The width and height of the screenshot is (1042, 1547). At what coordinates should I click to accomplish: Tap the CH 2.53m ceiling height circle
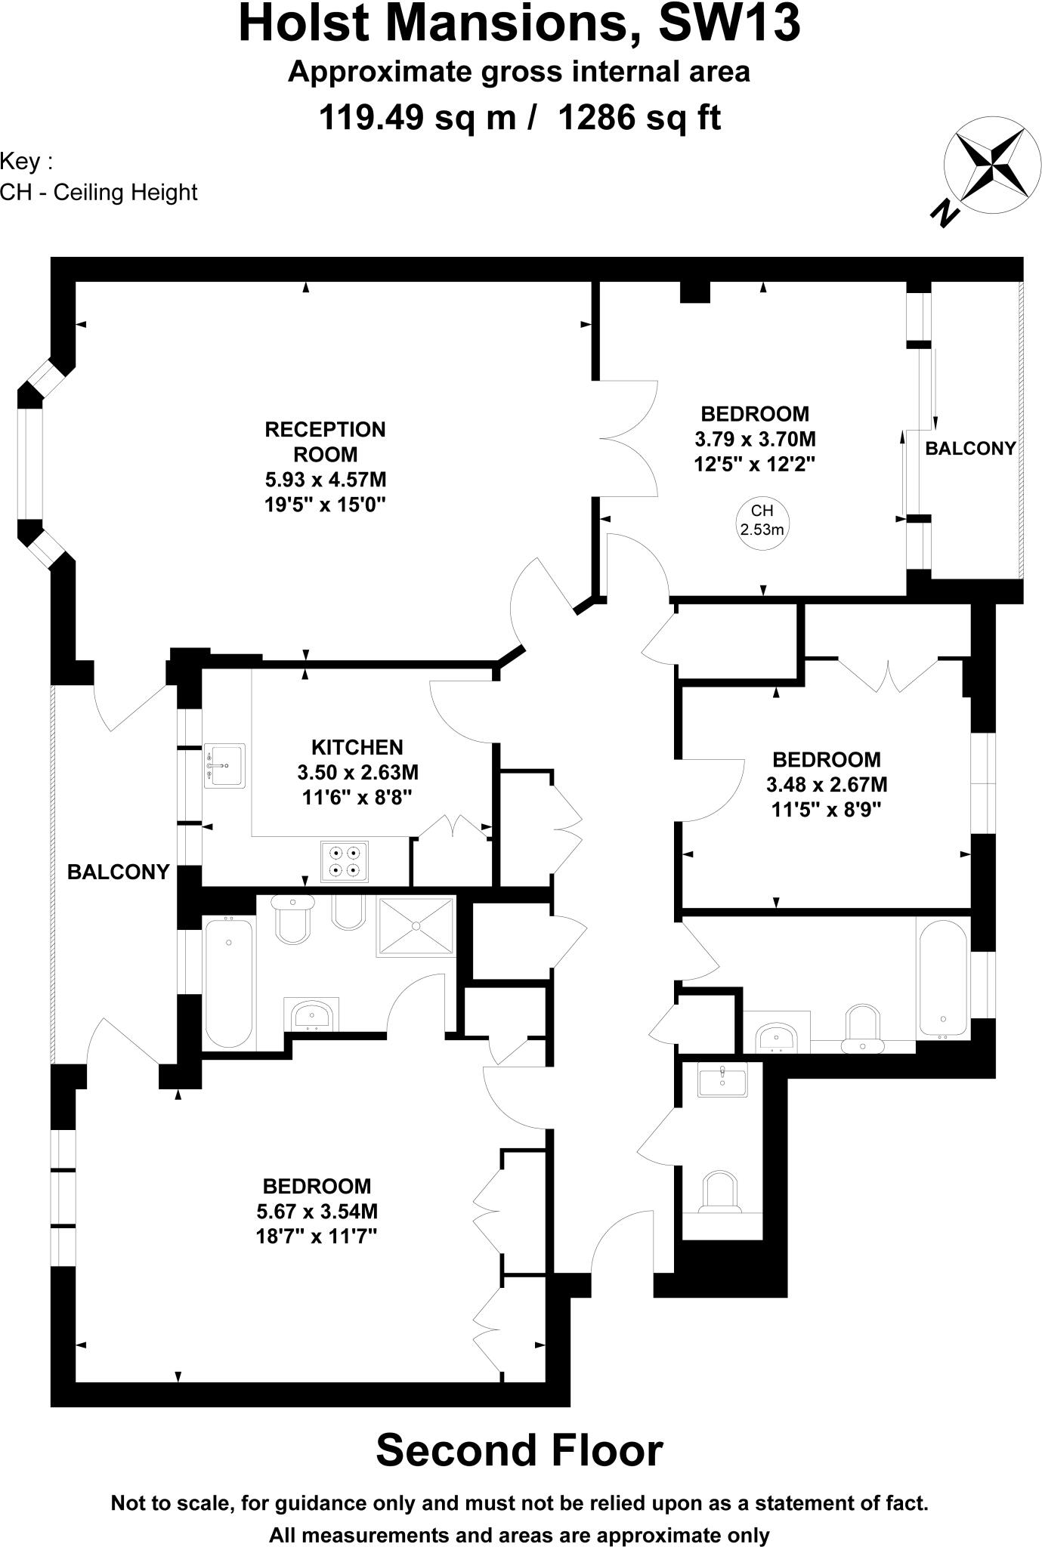pos(762,520)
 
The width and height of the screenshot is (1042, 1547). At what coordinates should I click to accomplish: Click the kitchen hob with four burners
pos(345,861)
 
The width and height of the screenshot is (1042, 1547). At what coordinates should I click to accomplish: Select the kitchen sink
pos(224,765)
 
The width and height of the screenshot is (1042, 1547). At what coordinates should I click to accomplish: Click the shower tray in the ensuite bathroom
pos(416,926)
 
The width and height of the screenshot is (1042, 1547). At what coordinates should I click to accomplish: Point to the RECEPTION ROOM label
pos(325,442)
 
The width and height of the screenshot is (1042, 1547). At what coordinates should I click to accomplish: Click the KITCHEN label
pos(357,748)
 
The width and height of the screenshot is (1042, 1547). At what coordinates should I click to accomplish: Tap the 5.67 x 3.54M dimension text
pos(317,1212)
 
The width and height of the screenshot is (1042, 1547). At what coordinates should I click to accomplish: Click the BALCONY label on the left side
pos(118,872)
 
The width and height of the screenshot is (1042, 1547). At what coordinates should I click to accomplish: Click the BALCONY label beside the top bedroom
pos(970,449)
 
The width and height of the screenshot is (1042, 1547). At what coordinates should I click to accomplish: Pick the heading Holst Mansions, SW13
pos(519,24)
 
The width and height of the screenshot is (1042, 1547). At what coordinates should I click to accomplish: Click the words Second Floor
pos(519,1451)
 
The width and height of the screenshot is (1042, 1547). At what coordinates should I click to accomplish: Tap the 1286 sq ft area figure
pos(639,118)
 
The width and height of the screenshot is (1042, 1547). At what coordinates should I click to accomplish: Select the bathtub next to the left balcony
pos(228,982)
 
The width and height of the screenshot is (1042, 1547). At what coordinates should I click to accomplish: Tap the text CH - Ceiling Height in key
pos(99,193)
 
